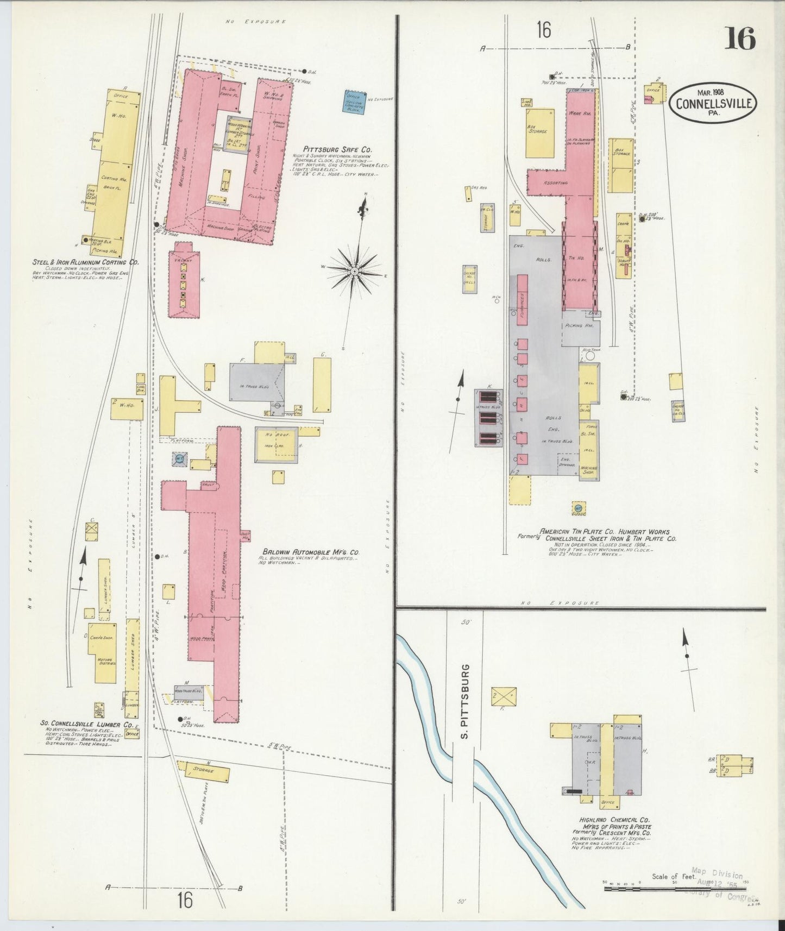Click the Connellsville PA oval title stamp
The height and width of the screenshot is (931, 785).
[712, 102]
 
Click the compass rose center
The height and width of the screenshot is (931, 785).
[354, 270]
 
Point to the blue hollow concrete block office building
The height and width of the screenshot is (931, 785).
[354, 101]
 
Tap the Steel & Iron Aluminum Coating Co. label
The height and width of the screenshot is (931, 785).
[85, 262]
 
